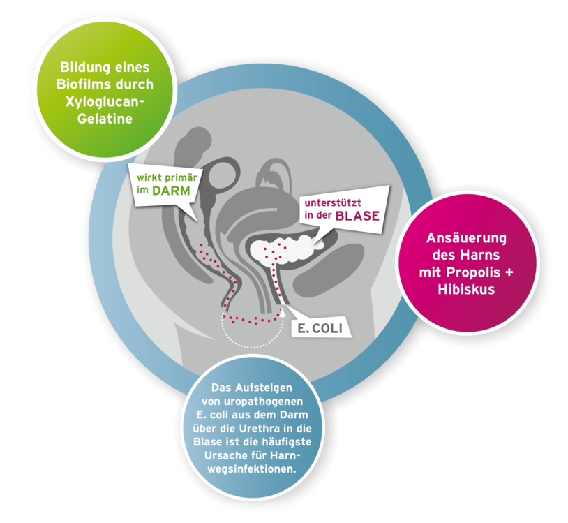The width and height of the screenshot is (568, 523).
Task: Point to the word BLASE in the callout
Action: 357,216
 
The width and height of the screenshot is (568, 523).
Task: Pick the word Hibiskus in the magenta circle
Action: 466,289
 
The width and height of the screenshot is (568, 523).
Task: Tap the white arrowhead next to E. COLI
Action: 285,307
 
